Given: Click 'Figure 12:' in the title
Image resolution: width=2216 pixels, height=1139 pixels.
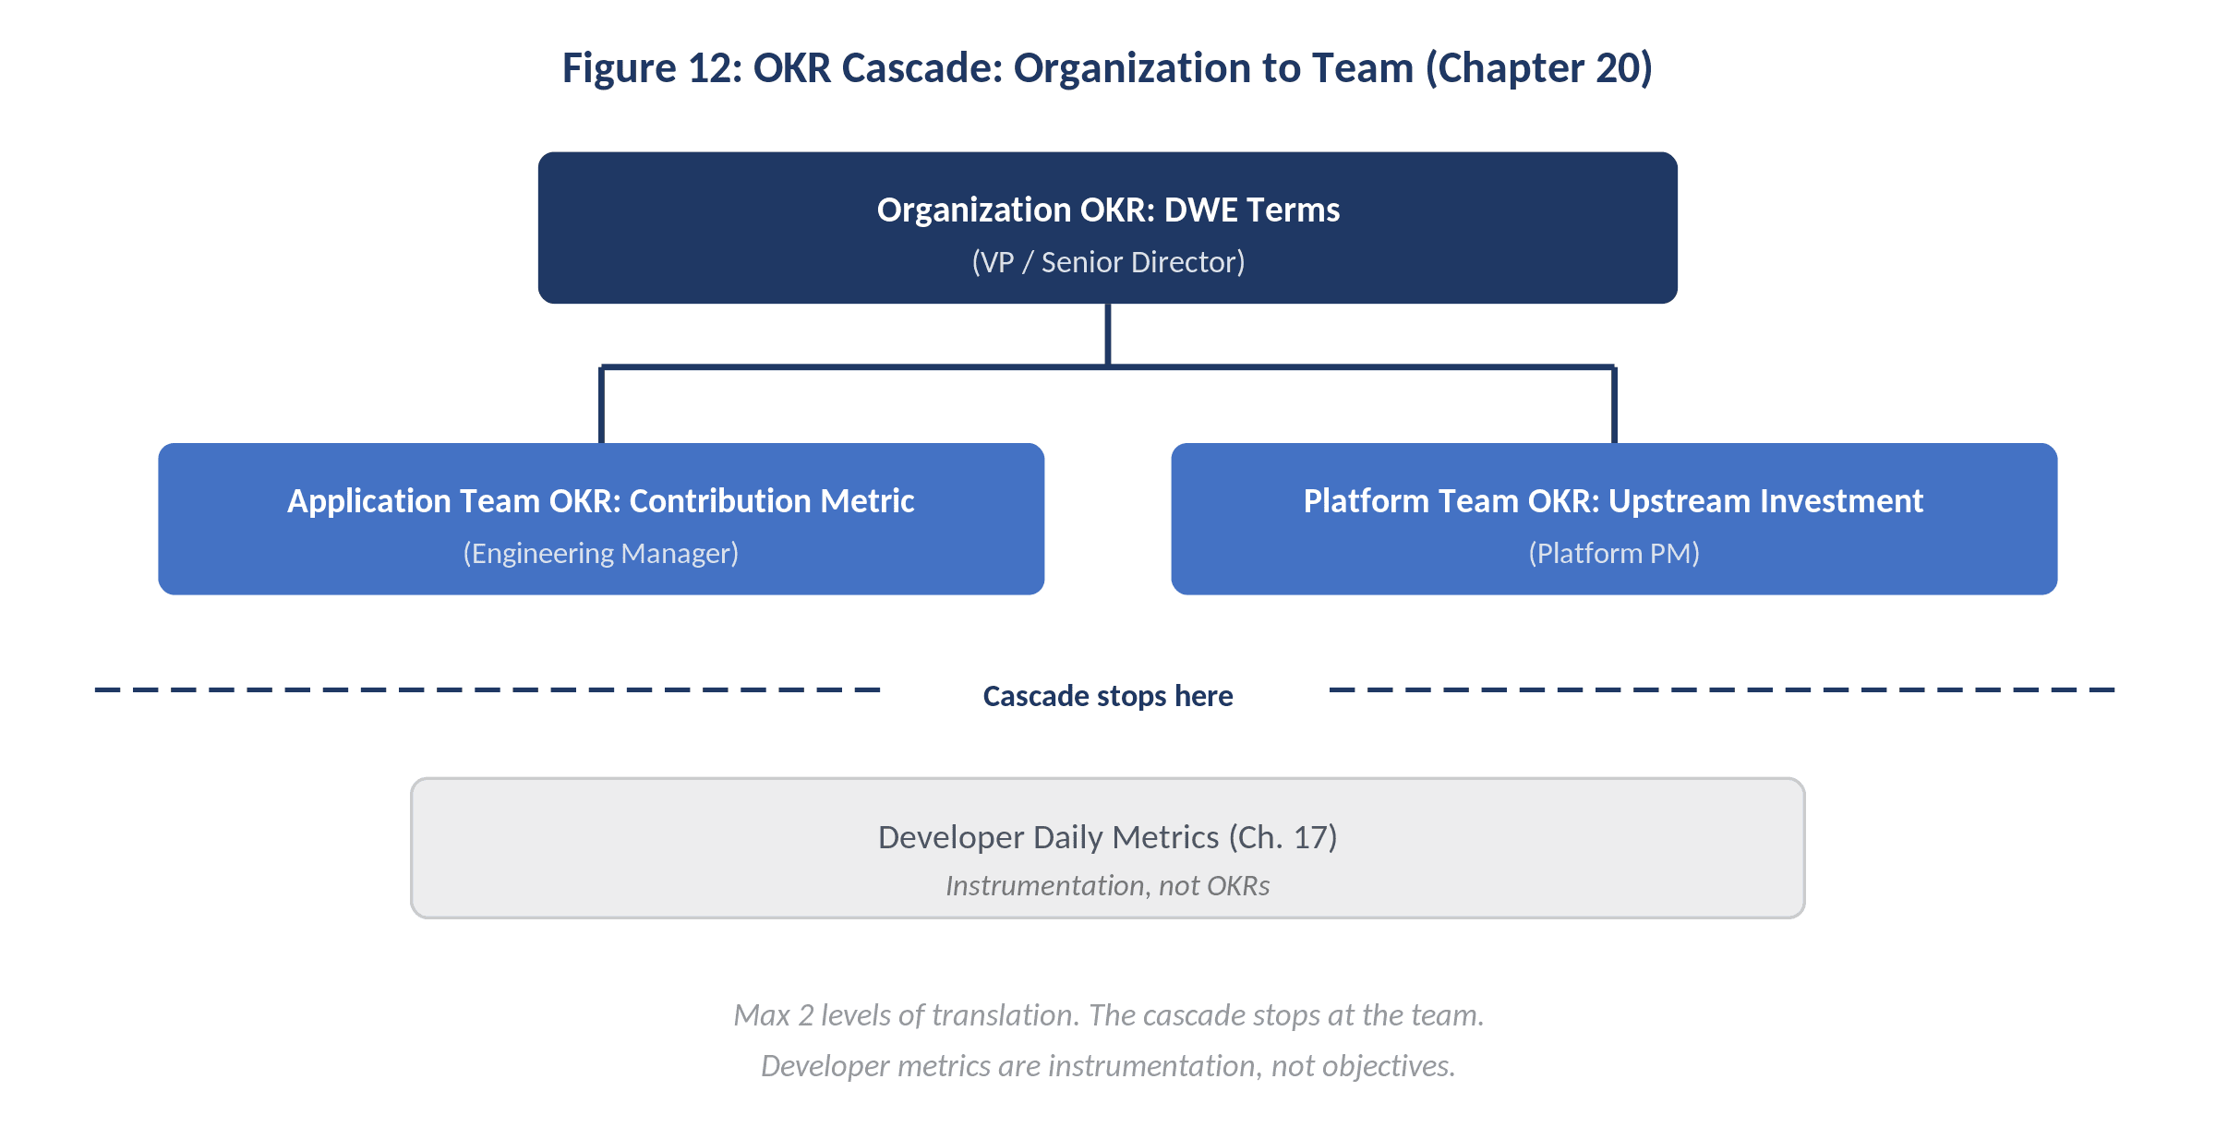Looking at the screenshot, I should click(652, 68).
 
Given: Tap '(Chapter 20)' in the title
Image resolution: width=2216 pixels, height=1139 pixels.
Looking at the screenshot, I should click(1538, 68).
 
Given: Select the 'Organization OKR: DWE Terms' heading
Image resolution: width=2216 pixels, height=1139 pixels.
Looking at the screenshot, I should click(1108, 210).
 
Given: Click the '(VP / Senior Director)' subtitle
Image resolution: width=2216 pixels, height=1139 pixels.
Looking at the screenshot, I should click(1108, 262).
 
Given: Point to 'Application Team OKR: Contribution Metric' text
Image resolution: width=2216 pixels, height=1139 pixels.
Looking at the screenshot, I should click(600, 500).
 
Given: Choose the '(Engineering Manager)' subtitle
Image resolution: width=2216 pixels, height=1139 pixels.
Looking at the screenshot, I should click(600, 553).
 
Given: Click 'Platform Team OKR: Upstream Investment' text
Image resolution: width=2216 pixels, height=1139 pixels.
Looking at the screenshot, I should click(1613, 500).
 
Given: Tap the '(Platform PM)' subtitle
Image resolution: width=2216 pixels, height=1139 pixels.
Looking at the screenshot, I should click(1613, 553).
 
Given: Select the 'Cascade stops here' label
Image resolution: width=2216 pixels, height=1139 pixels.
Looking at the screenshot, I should click(1107, 696).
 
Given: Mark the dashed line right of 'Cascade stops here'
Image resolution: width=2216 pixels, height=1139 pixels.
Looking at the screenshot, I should click(1721, 689).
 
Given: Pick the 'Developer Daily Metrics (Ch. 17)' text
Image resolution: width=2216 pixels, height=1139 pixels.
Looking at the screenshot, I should click(1107, 837).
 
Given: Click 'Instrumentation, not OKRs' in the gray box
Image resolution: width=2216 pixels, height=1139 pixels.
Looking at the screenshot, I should click(1107, 886).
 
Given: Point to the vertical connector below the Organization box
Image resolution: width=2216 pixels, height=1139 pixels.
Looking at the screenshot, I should click(1107, 334).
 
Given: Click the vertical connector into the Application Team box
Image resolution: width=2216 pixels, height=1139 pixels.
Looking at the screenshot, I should click(601, 406).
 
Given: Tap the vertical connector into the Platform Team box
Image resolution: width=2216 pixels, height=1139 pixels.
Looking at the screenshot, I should click(1614, 406).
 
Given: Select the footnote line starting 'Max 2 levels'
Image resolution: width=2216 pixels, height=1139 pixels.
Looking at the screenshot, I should click(1108, 1015).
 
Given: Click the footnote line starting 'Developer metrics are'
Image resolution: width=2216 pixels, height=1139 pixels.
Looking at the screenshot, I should click(1108, 1066).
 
